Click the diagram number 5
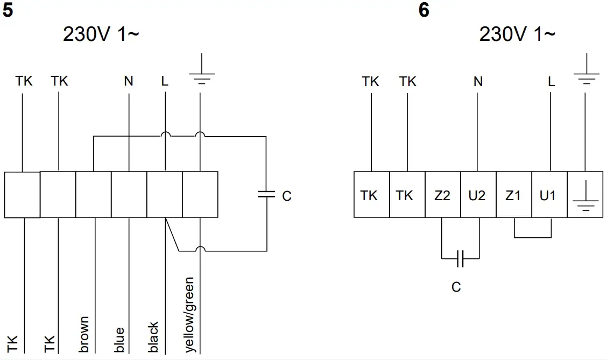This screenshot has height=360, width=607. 8,10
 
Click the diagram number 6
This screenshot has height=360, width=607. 424,10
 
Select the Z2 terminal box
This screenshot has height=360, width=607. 442,195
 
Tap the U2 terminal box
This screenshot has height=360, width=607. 477,195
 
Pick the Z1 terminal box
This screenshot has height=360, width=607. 513,195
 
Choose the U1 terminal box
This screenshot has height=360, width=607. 548,195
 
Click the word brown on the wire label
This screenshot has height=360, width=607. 84,335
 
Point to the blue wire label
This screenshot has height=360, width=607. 119,340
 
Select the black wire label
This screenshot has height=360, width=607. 153,337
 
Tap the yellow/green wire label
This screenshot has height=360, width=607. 189,315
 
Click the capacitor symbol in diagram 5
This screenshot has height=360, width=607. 266,194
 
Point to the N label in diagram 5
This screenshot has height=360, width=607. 128,81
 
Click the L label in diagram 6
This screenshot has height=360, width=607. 550,82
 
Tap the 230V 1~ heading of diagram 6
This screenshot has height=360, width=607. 517,35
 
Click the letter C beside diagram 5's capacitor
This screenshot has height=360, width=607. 286,196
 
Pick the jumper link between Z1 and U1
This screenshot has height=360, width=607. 533,236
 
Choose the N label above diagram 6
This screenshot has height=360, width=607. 478,82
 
